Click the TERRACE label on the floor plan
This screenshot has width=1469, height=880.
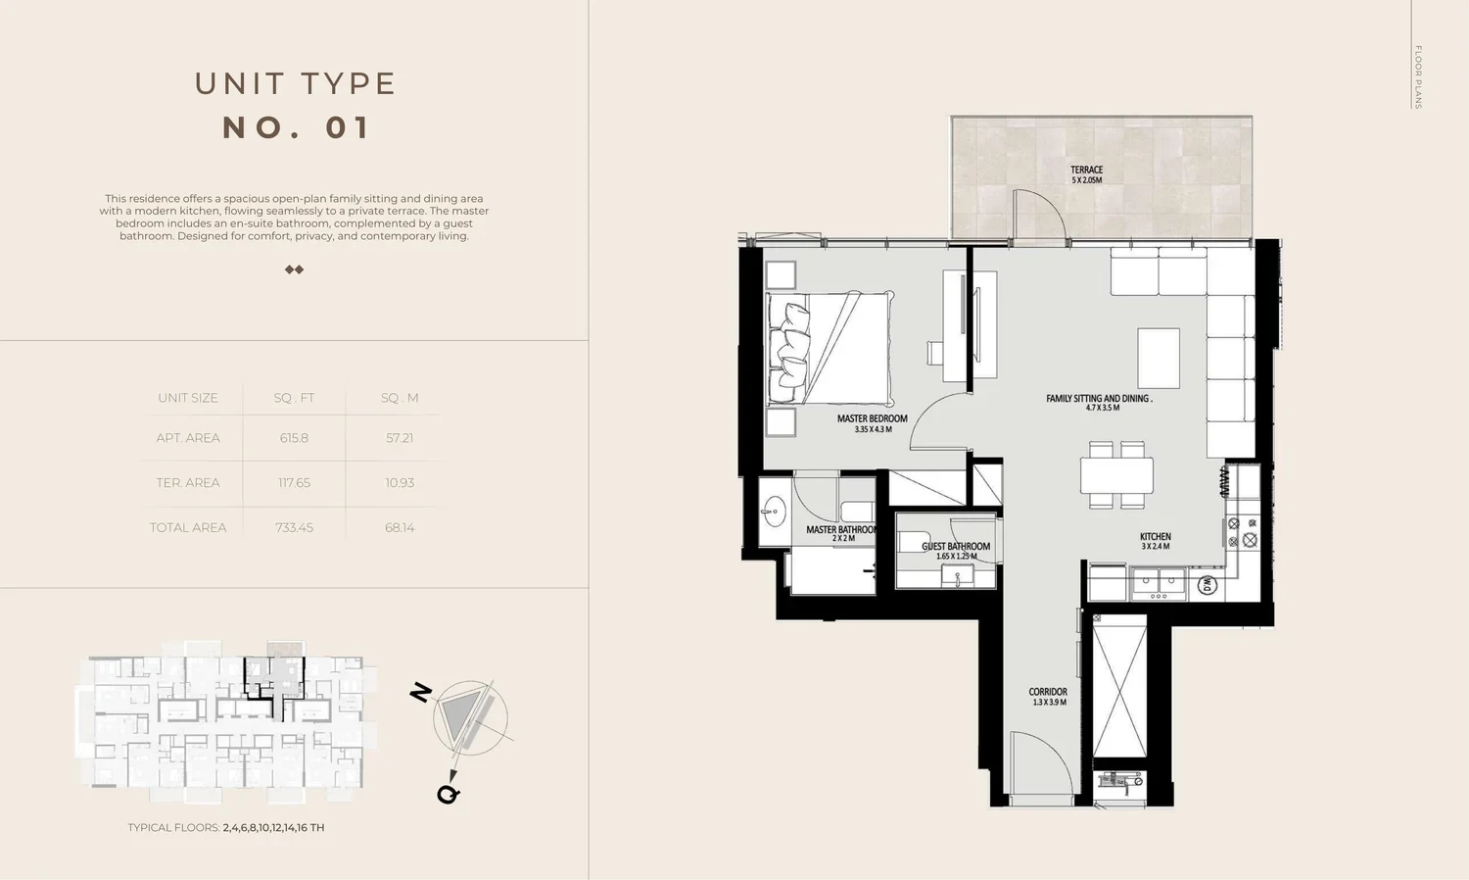point(1087,170)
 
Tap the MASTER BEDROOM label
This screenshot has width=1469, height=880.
point(873,418)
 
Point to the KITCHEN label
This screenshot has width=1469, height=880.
point(1155,537)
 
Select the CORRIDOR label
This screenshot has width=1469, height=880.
point(1048,692)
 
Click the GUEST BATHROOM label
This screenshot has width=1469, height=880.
point(956,547)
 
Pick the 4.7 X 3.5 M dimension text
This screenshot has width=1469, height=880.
point(1103,408)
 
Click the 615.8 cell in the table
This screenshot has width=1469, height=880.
point(294,438)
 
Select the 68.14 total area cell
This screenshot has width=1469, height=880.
point(400,527)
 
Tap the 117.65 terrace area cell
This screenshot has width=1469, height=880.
point(294,483)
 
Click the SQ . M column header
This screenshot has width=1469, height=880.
point(400,398)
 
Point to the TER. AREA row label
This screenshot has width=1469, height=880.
point(188,483)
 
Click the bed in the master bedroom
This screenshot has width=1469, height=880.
point(830,347)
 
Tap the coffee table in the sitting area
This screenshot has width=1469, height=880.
point(1159,359)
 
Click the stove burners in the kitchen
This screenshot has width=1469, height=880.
point(1243,532)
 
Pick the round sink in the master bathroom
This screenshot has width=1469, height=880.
point(775,512)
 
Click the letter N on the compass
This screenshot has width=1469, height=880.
point(421,692)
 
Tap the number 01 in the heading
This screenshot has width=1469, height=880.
point(349,128)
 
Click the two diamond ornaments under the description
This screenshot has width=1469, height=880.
point(295,269)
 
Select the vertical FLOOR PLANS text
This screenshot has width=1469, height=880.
point(1418,76)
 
